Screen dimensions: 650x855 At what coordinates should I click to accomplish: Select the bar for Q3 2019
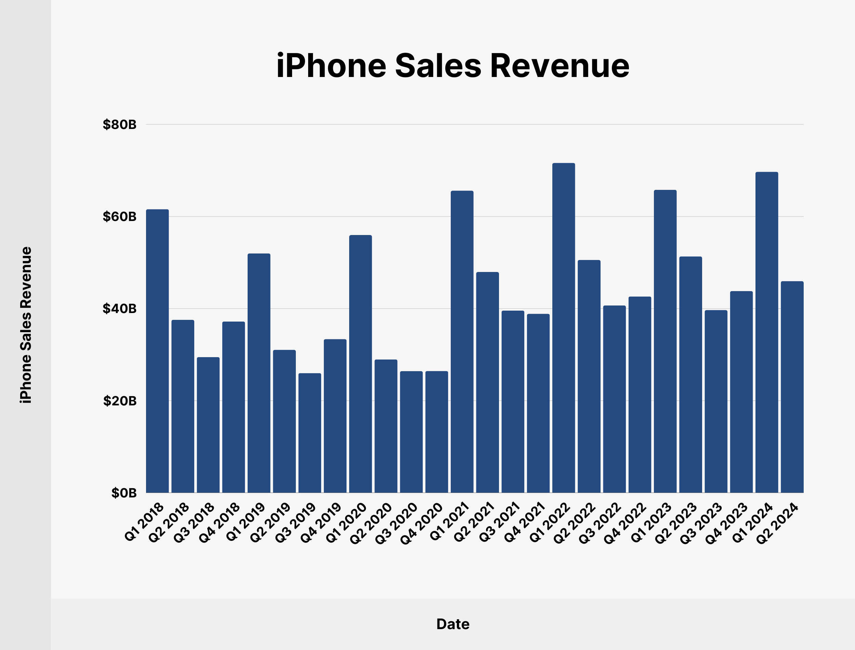(x=310, y=433)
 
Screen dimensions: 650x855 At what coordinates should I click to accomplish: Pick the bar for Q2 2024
(x=792, y=387)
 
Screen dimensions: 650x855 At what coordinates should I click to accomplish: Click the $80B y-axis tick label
(x=119, y=125)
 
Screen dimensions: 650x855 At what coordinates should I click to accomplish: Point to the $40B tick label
(x=119, y=309)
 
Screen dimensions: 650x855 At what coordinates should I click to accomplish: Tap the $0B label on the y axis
(x=124, y=493)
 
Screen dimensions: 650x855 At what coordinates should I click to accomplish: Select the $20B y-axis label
(x=119, y=401)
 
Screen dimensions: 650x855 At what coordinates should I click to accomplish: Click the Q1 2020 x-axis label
(x=346, y=522)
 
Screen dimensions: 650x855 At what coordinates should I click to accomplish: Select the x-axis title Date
(x=453, y=624)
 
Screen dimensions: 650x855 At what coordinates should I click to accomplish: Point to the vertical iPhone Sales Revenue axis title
(x=26, y=325)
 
